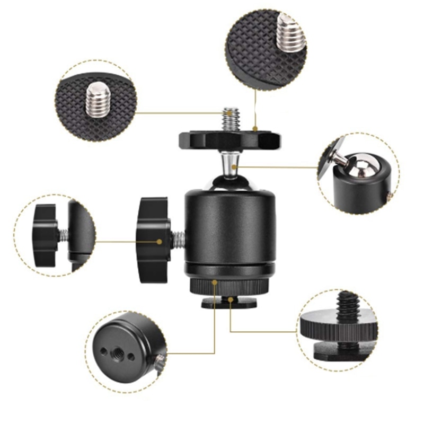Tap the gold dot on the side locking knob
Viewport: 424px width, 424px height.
click(x=160, y=242)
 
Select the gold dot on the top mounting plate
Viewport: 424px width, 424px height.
click(x=255, y=128)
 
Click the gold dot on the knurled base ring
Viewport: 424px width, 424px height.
click(x=214, y=282)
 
